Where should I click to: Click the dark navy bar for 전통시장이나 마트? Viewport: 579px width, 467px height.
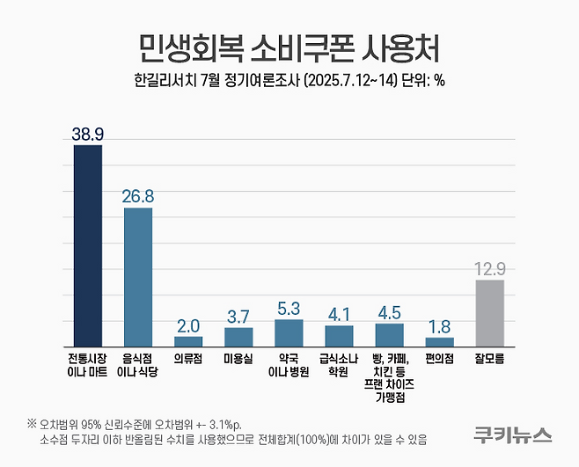[x=87, y=245]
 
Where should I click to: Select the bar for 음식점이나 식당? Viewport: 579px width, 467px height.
[x=137, y=277]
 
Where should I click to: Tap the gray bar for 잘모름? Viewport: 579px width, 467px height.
[x=489, y=313]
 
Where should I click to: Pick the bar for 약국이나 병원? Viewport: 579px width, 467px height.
[x=289, y=333]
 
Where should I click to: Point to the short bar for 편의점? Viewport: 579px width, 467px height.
[x=439, y=342]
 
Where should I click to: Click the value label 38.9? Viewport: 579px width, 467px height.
[x=87, y=133]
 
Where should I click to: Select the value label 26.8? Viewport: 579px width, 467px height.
[x=137, y=195]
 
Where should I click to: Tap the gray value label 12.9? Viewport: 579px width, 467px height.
[x=489, y=267]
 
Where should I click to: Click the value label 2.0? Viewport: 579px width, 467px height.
[x=187, y=325]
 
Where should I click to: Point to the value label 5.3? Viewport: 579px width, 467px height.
[x=289, y=308]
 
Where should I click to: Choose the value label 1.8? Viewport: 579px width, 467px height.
[x=439, y=325]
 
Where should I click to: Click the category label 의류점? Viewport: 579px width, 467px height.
[x=187, y=359]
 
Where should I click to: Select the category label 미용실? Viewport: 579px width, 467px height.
[x=238, y=359]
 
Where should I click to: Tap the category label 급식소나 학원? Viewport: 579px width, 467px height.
[x=339, y=365]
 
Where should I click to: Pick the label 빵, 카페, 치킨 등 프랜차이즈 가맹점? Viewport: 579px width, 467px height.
[x=389, y=377]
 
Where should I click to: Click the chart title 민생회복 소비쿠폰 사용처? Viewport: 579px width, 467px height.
[x=289, y=46]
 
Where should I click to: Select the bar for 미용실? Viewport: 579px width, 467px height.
[x=238, y=337]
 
